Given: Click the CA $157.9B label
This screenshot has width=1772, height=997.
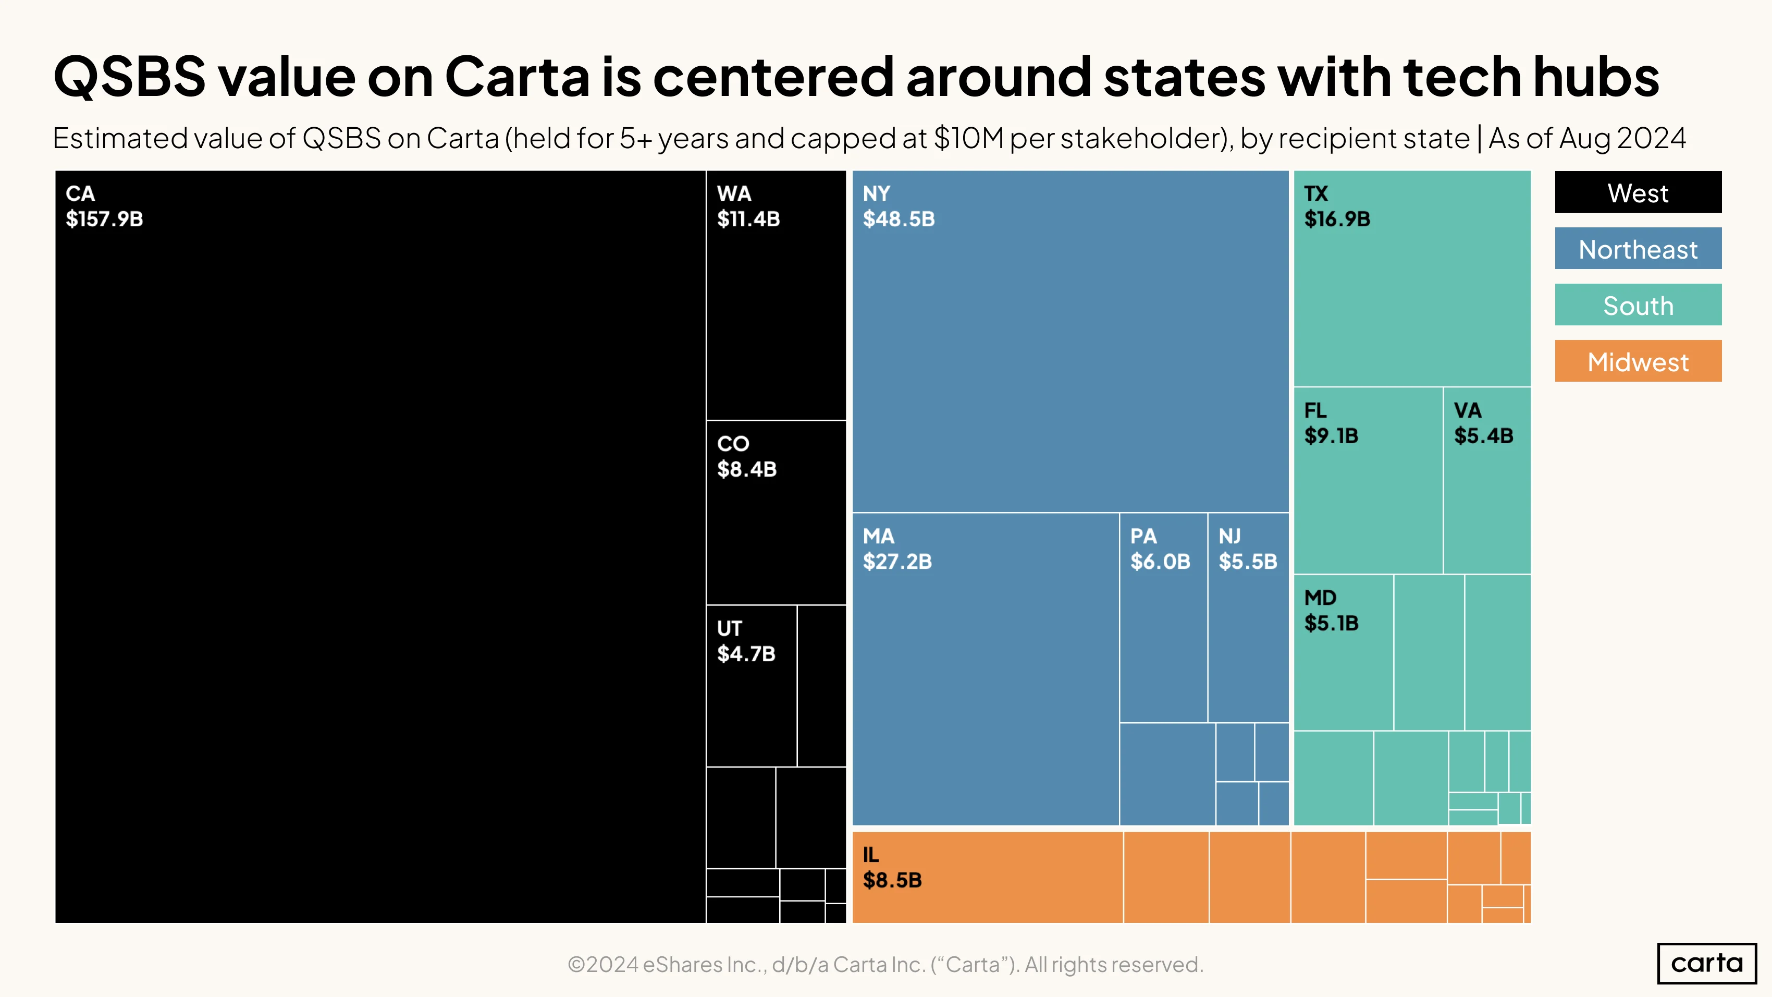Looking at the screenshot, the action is click(104, 206).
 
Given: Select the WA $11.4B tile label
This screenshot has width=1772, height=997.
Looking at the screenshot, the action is click(748, 206).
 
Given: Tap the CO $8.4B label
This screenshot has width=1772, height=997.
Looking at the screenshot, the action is click(746, 456).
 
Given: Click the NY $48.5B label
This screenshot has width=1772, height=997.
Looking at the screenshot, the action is click(899, 206).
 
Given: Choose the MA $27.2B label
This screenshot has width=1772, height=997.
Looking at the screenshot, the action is click(897, 549).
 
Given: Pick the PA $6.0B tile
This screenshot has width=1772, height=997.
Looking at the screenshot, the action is click(1163, 617).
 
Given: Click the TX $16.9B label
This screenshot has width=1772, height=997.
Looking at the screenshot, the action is click(1337, 206).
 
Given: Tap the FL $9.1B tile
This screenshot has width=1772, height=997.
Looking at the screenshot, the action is click(1368, 480).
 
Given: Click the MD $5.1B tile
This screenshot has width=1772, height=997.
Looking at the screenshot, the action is click(1344, 652).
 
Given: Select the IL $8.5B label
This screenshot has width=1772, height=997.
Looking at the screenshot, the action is click(892, 868).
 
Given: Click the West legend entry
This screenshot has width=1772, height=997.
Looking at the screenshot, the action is click(1638, 192).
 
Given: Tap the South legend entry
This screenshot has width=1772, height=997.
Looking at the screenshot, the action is click(1638, 305).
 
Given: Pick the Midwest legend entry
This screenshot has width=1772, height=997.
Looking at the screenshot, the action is click(1638, 361).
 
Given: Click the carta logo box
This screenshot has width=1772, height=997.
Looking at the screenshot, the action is click(1707, 963).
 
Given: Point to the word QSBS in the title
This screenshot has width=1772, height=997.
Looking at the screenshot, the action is click(129, 76).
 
